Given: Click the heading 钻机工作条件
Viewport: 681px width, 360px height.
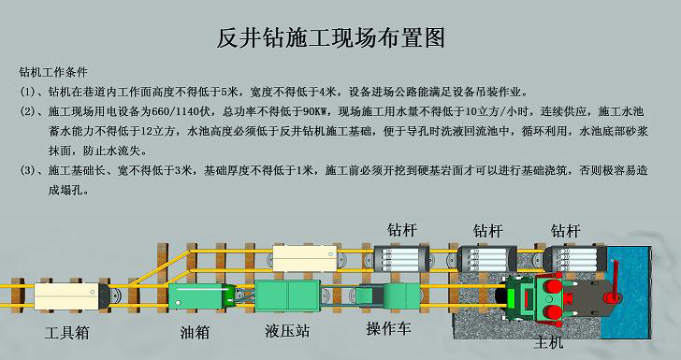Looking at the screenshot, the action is click(x=54, y=71).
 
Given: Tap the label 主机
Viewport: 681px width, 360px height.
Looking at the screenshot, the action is click(x=549, y=343).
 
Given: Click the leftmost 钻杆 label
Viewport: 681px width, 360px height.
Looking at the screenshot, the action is click(x=402, y=229).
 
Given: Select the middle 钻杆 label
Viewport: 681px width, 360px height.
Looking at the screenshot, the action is click(x=487, y=229).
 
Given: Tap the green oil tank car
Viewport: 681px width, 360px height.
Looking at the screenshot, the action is click(x=202, y=298).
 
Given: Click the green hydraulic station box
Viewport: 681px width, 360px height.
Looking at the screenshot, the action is click(x=286, y=297).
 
